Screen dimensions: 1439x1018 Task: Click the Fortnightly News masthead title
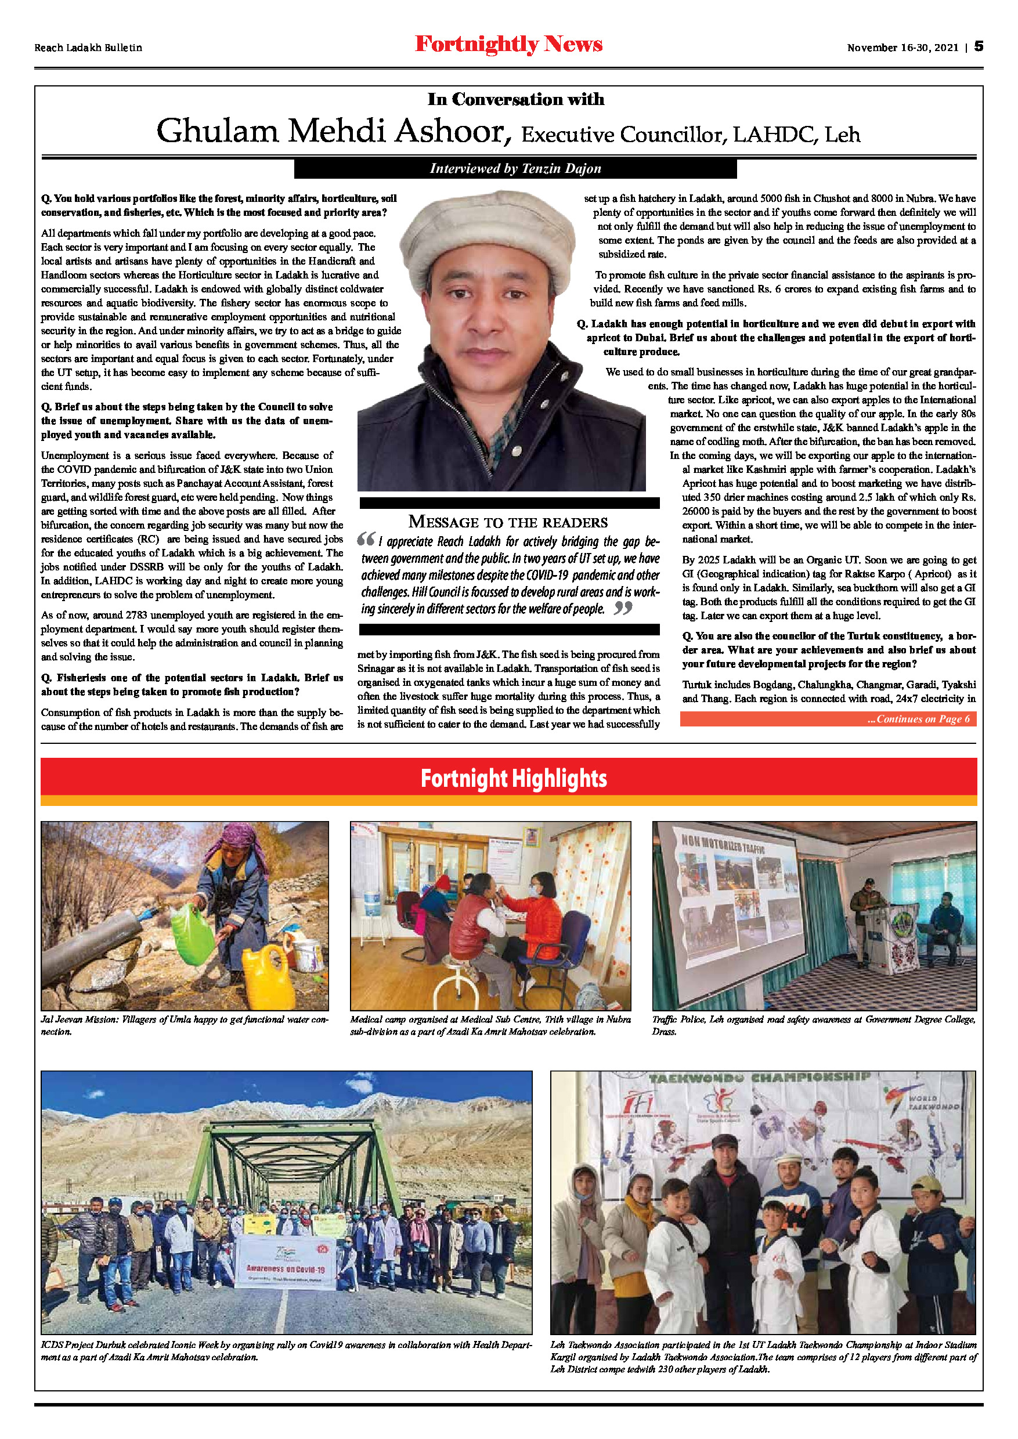[508, 45]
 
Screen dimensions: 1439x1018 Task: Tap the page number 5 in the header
[979, 46]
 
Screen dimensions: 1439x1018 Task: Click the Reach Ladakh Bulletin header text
[88, 48]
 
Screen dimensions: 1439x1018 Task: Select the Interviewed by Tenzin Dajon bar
[515, 169]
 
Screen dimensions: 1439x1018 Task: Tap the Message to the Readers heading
[508, 522]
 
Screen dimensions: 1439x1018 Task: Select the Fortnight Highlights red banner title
[514, 779]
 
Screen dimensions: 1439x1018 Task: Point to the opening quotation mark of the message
[366, 538]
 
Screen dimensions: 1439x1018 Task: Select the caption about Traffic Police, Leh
[814, 1025]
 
